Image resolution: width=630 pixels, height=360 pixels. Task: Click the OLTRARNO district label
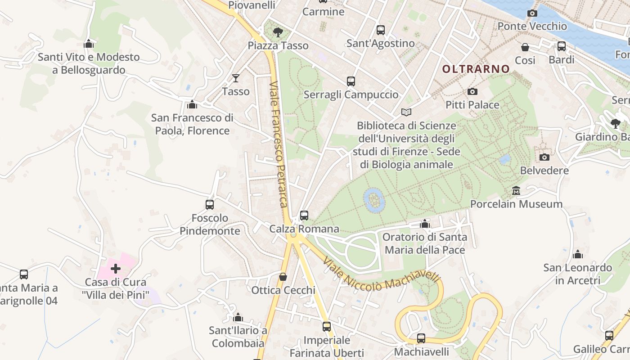click(x=476, y=69)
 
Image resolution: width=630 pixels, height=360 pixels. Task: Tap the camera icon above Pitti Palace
click(x=472, y=92)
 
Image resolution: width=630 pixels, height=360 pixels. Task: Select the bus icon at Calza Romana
click(x=304, y=216)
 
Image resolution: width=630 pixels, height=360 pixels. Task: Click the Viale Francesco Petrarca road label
click(x=278, y=144)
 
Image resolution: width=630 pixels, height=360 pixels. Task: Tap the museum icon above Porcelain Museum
click(x=516, y=191)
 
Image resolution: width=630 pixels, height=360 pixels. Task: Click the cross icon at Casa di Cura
click(x=116, y=269)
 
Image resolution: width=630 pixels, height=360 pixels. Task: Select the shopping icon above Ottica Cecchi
click(x=283, y=277)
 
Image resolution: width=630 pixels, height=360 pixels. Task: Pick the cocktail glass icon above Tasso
click(x=235, y=78)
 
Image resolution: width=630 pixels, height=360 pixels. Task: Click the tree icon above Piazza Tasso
click(x=278, y=32)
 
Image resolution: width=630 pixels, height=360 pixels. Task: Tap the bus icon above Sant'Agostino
click(x=380, y=30)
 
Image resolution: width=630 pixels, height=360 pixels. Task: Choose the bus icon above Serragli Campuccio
click(x=351, y=81)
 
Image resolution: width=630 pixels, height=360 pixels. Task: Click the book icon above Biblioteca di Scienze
click(x=406, y=112)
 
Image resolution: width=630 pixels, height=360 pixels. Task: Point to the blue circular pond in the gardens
click(x=374, y=200)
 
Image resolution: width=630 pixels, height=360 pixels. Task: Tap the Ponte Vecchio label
click(x=532, y=26)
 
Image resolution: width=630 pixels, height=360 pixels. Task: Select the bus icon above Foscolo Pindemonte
click(x=209, y=205)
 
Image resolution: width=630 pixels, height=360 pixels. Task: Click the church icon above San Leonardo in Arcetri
click(x=578, y=255)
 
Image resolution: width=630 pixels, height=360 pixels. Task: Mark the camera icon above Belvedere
click(x=544, y=157)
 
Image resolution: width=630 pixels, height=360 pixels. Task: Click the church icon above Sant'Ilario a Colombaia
click(x=238, y=317)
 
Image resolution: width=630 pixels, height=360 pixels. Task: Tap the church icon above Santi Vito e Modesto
click(x=89, y=44)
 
